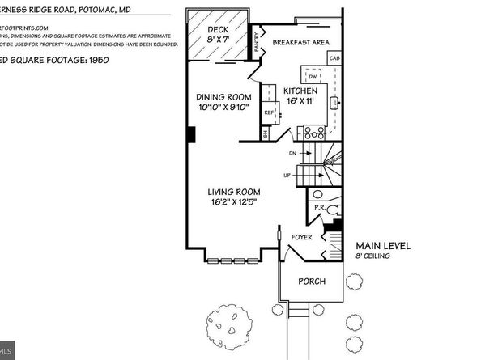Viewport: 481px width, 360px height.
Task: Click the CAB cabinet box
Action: [x=334, y=58]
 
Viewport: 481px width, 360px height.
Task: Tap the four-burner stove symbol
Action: [x=313, y=132]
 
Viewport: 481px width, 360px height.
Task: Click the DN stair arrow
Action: [x=296, y=152]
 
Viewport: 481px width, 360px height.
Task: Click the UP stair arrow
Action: [x=296, y=174]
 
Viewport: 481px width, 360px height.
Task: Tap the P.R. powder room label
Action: [x=320, y=208]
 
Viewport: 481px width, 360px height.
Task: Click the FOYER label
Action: [x=302, y=237]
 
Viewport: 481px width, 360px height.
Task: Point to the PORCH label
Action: [x=311, y=281]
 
